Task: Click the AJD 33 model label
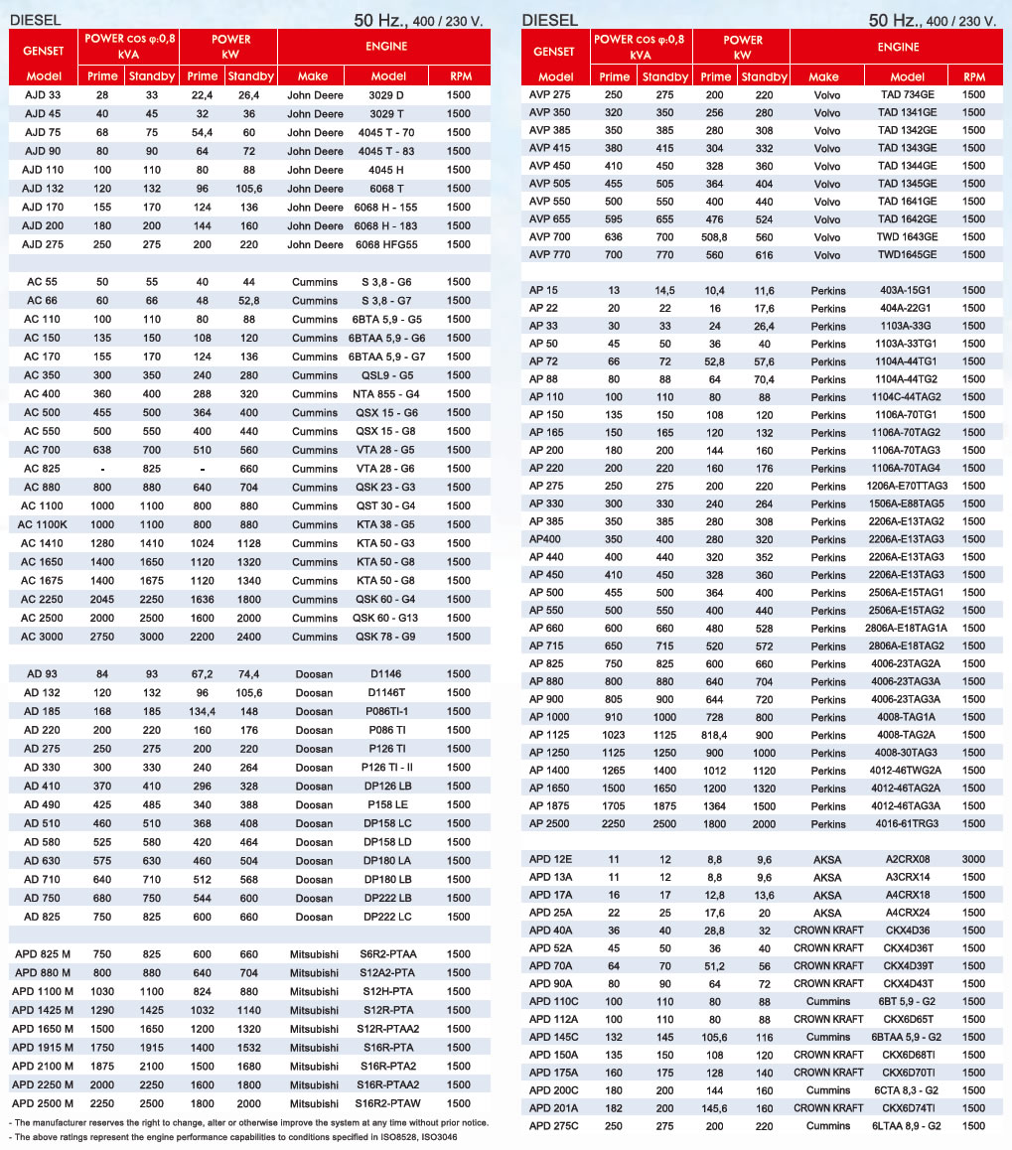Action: tap(43, 95)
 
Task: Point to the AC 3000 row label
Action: tap(43, 637)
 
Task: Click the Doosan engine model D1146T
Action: tap(387, 693)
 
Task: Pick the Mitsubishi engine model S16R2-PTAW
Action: tap(387, 1103)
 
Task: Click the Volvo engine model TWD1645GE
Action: tap(908, 254)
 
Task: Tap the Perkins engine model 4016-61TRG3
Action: tap(908, 824)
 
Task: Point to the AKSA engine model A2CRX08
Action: tap(908, 858)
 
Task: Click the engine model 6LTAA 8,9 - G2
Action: tap(908, 1126)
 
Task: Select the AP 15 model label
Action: tap(543, 290)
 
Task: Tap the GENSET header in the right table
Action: tap(553, 51)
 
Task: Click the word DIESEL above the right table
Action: tap(550, 19)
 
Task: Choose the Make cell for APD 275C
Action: tap(827, 1126)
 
